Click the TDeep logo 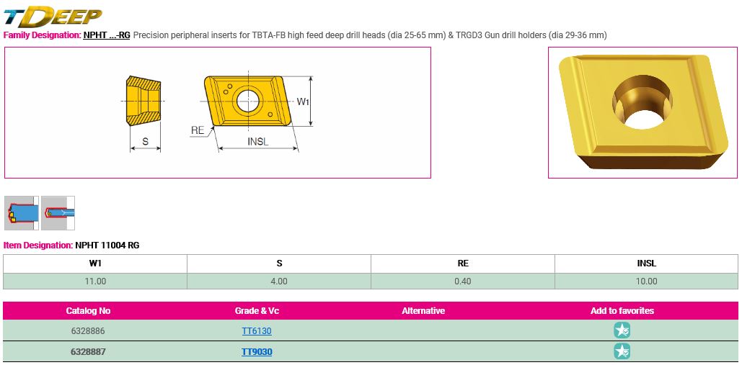pyautogui.click(x=53, y=16)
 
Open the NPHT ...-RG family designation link pyautogui.click(x=107, y=35)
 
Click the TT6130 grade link pyautogui.click(x=257, y=331)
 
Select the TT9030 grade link pyautogui.click(x=257, y=352)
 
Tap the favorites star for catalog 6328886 pyautogui.click(x=622, y=330)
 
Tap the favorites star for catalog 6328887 pyautogui.click(x=622, y=351)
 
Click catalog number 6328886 pyautogui.click(x=88, y=331)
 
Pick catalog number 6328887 pyautogui.click(x=88, y=352)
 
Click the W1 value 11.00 pyautogui.click(x=95, y=281)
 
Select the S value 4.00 pyautogui.click(x=279, y=281)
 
